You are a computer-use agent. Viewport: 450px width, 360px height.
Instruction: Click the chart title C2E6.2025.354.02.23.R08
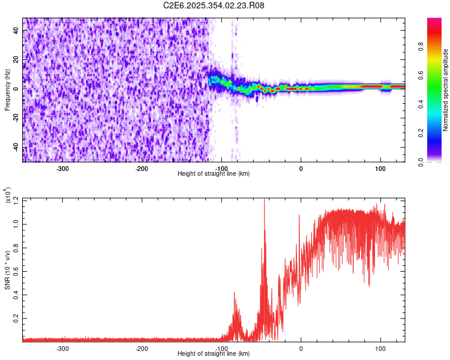click(x=214, y=5)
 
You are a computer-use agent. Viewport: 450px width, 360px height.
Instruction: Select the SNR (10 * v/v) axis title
click(x=7, y=270)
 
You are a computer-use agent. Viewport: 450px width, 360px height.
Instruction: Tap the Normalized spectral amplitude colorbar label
click(x=446, y=90)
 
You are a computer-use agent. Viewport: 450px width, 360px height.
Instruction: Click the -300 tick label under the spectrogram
click(x=63, y=168)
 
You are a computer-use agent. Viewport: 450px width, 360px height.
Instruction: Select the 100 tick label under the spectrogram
click(x=380, y=168)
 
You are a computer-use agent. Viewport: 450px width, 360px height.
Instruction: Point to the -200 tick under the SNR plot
click(x=142, y=348)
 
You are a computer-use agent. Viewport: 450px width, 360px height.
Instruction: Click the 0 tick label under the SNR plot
click(x=301, y=348)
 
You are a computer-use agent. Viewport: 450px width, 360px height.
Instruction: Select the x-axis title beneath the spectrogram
click(x=214, y=173)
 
